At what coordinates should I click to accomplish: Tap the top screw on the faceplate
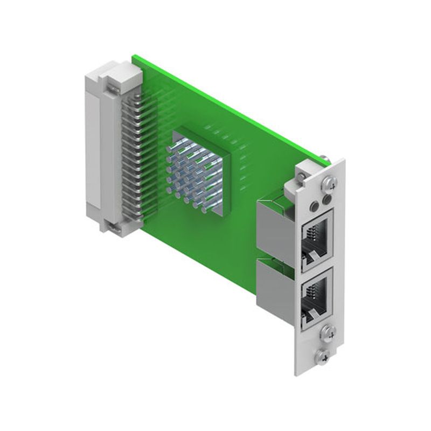(x=330, y=184)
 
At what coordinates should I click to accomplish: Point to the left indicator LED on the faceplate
(x=312, y=205)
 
